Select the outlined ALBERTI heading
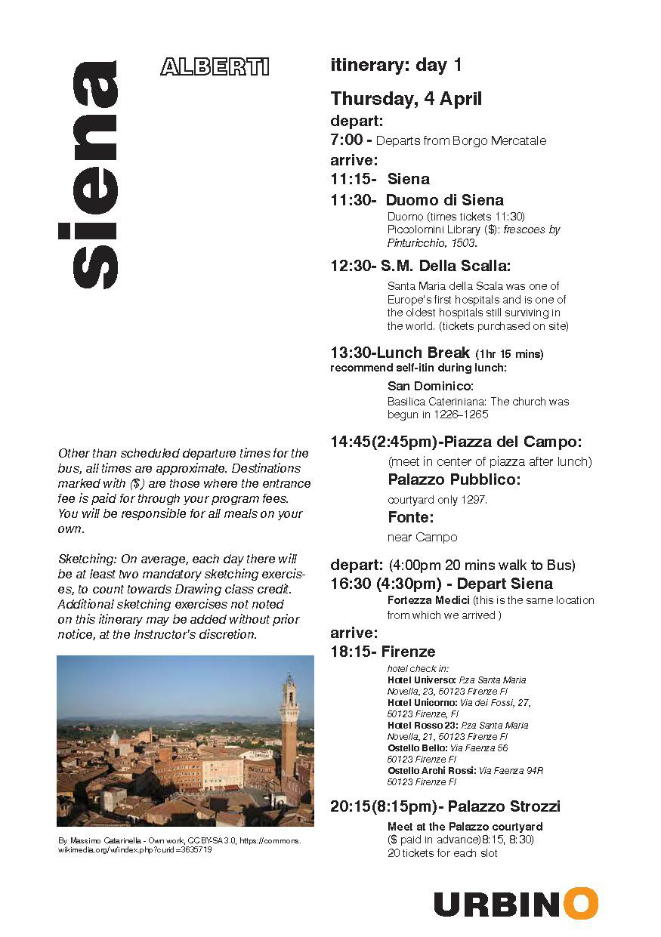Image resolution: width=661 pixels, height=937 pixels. pyautogui.click(x=215, y=67)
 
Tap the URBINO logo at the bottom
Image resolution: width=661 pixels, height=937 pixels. pyautogui.click(x=515, y=904)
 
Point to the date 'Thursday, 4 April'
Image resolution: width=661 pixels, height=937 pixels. pyautogui.click(x=406, y=99)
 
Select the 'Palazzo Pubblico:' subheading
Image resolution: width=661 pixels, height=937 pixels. pyautogui.click(x=454, y=479)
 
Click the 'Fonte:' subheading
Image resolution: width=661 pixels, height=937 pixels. pyautogui.click(x=410, y=517)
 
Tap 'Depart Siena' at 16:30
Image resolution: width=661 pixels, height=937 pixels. pyautogui.click(x=505, y=584)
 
